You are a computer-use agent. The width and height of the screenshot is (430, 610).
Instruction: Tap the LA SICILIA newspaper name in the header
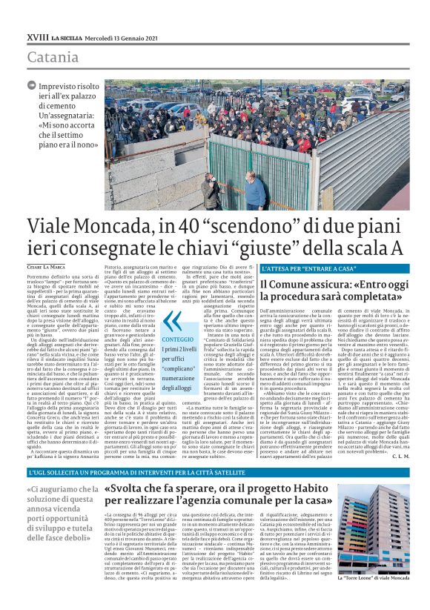[x=70, y=37]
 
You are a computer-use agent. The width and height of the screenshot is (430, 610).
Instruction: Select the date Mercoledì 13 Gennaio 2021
[x=122, y=37]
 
